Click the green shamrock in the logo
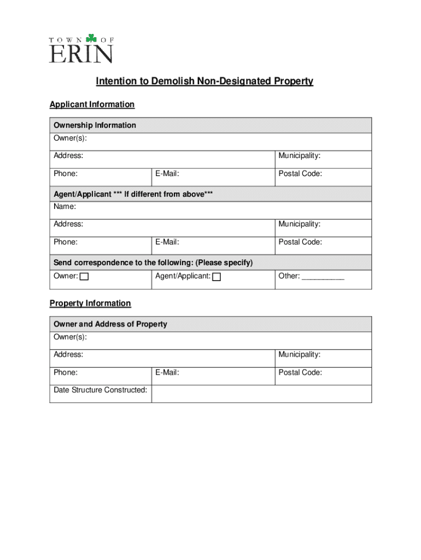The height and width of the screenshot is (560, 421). [91, 38]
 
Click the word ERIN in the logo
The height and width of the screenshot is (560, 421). [81, 54]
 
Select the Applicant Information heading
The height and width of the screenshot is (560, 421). [92, 104]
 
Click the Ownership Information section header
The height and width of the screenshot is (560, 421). [95, 125]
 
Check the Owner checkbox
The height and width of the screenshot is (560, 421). [84, 277]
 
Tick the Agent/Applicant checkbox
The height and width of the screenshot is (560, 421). [217, 277]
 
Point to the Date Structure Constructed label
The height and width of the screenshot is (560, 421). [101, 390]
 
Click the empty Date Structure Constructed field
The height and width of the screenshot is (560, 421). [261, 394]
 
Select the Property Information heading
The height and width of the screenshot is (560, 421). [90, 304]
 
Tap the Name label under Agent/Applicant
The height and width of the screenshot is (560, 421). [65, 207]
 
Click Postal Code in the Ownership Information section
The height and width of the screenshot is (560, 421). [300, 174]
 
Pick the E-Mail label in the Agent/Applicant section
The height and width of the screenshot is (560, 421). [167, 242]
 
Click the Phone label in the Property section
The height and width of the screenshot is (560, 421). [65, 372]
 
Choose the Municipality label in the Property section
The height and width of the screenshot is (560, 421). [299, 354]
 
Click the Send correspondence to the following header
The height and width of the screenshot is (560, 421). [153, 262]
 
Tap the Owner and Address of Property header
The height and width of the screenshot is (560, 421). [110, 324]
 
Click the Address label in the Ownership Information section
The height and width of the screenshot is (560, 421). [68, 156]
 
